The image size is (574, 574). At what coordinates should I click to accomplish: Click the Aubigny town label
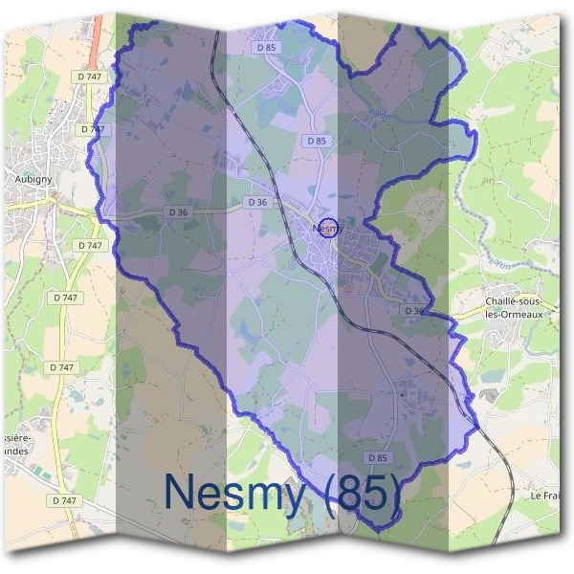[33, 179]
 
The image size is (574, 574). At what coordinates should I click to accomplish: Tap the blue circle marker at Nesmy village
[328, 229]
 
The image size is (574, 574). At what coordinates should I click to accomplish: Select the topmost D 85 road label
[266, 47]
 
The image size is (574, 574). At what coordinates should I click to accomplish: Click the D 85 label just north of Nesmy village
[316, 141]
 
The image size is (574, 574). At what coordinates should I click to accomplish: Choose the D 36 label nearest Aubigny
[176, 211]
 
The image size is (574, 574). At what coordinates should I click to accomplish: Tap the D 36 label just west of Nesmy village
[256, 202]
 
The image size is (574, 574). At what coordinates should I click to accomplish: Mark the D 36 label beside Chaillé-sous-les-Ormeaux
[413, 311]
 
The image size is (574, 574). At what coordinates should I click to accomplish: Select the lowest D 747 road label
[64, 500]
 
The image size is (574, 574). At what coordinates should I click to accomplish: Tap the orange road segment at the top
[97, 33]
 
